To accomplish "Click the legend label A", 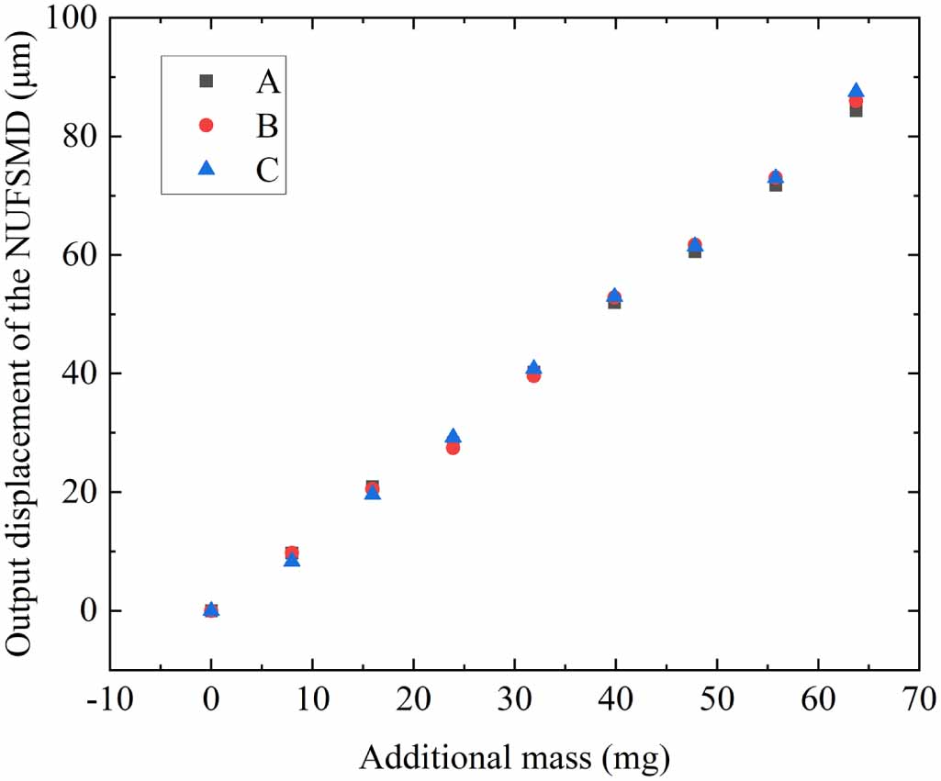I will [267, 82].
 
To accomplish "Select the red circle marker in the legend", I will [207, 125].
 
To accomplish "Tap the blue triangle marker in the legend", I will [207, 168].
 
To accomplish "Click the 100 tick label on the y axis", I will [76, 18].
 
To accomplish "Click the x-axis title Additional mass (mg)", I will [514, 757].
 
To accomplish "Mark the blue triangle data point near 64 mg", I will [856, 91].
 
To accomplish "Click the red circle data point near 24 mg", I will [453, 448].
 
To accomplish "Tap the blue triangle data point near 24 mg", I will [453, 437].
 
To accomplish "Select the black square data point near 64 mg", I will [856, 111].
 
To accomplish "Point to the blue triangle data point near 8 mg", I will [292, 560].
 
